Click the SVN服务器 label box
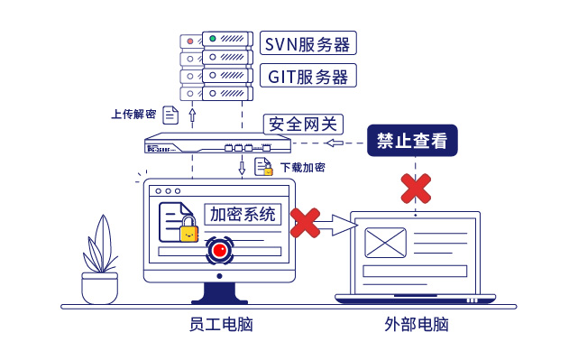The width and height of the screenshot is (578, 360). tap(307, 42)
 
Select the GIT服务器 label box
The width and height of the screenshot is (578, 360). tap(307, 75)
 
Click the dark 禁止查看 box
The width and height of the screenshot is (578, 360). tap(412, 142)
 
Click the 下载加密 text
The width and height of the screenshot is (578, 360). tap(302, 168)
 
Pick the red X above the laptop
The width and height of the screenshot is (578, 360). tap(415, 188)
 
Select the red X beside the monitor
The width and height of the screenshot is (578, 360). tap(306, 223)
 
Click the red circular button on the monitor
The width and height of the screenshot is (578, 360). tap(219, 250)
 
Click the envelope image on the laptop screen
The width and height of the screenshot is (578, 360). tap(386, 243)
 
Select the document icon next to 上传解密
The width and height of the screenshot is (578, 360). tap(170, 115)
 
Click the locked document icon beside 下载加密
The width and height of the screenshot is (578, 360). tap(263, 167)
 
